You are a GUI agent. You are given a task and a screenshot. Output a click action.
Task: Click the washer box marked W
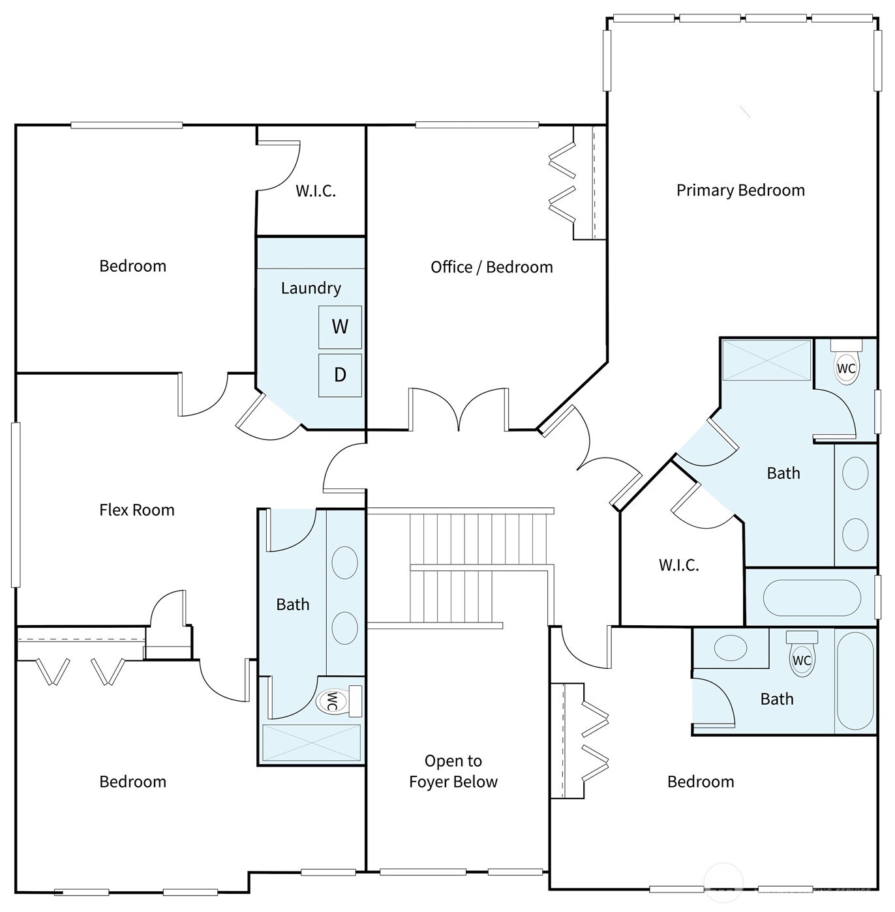pyautogui.click(x=340, y=327)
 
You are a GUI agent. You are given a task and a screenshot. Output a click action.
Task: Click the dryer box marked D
pyautogui.click(x=340, y=375)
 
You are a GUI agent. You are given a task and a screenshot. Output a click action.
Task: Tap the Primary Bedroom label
pyautogui.click(x=740, y=190)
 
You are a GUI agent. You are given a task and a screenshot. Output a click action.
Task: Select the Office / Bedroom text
pyautogui.click(x=491, y=267)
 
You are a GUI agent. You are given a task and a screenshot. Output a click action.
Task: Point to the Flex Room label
pyautogui.click(x=137, y=510)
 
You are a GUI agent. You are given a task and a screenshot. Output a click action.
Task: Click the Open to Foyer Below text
pyautogui.click(x=453, y=771)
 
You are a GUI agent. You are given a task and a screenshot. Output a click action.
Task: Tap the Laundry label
pyautogui.click(x=311, y=288)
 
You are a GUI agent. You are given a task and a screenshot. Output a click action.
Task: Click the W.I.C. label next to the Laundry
pyautogui.click(x=316, y=191)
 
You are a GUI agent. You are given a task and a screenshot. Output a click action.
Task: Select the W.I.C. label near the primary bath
pyautogui.click(x=678, y=565)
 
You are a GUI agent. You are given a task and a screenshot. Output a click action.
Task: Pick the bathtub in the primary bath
pyautogui.click(x=812, y=598)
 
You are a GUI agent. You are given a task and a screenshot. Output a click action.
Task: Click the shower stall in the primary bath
pyautogui.click(x=766, y=359)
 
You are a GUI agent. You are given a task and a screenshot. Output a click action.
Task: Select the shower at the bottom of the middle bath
pyautogui.click(x=311, y=743)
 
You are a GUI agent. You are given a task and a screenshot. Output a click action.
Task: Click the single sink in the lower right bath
pyautogui.click(x=731, y=648)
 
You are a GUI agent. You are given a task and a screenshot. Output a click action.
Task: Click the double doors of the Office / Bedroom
pyautogui.click(x=459, y=411)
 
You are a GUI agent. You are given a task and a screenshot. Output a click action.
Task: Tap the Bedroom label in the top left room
pyautogui.click(x=132, y=266)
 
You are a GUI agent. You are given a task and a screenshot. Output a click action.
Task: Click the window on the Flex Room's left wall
pyautogui.click(x=16, y=505)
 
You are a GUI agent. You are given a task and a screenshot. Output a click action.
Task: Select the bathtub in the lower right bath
pyautogui.click(x=855, y=681)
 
